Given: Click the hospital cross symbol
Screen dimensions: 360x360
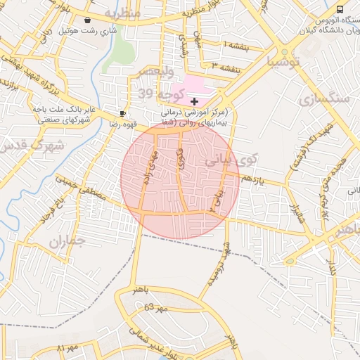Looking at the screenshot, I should pyautogui.click(x=195, y=102).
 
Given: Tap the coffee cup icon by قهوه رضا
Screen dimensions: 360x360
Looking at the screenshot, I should pyautogui.click(x=123, y=113).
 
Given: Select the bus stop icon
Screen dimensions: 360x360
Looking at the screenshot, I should pyautogui.click(x=340, y=9).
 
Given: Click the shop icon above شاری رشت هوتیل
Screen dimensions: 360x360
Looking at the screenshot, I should pyautogui.click(x=87, y=20).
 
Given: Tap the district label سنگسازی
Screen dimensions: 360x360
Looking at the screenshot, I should pyautogui.click(x=324, y=99).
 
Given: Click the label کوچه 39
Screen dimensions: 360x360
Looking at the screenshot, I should pyautogui.click(x=154, y=94).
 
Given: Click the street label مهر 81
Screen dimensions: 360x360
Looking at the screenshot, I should pyautogui.click(x=70, y=348).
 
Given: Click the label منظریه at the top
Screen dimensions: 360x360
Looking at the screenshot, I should pyautogui.click(x=122, y=13).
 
